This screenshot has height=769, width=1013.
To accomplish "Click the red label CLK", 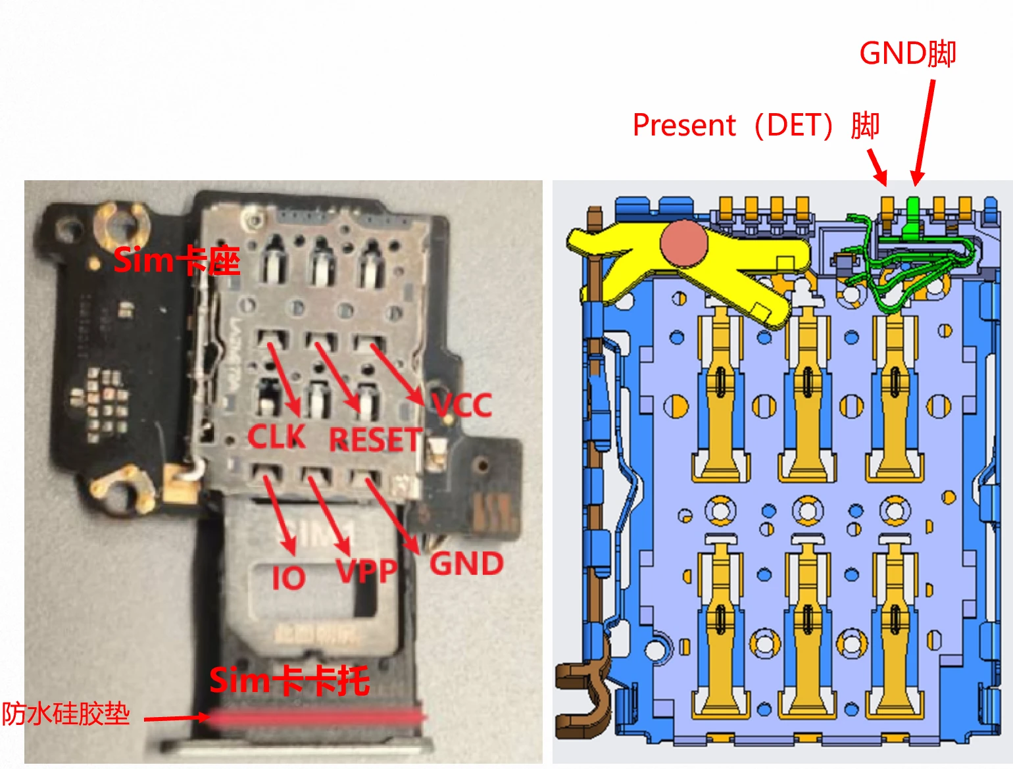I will coord(276,436).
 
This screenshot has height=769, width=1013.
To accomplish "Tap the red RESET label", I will coord(374,439).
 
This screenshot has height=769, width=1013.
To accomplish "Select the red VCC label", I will coord(462,405).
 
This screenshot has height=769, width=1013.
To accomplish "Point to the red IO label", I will coord(289,578).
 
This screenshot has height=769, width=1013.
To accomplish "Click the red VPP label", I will coord(366,571).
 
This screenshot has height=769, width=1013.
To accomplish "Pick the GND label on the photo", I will coord(466,564).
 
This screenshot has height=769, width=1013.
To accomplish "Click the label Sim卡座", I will coord(176,261).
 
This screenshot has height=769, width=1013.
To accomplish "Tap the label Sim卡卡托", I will coord(289,680).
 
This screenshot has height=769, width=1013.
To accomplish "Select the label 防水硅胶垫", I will coord(65,714).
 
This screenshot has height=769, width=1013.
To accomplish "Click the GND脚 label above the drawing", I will coord(907,53).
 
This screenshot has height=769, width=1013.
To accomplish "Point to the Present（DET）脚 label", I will coord(756,125).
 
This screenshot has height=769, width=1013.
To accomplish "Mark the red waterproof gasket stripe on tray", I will coord(316,718).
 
